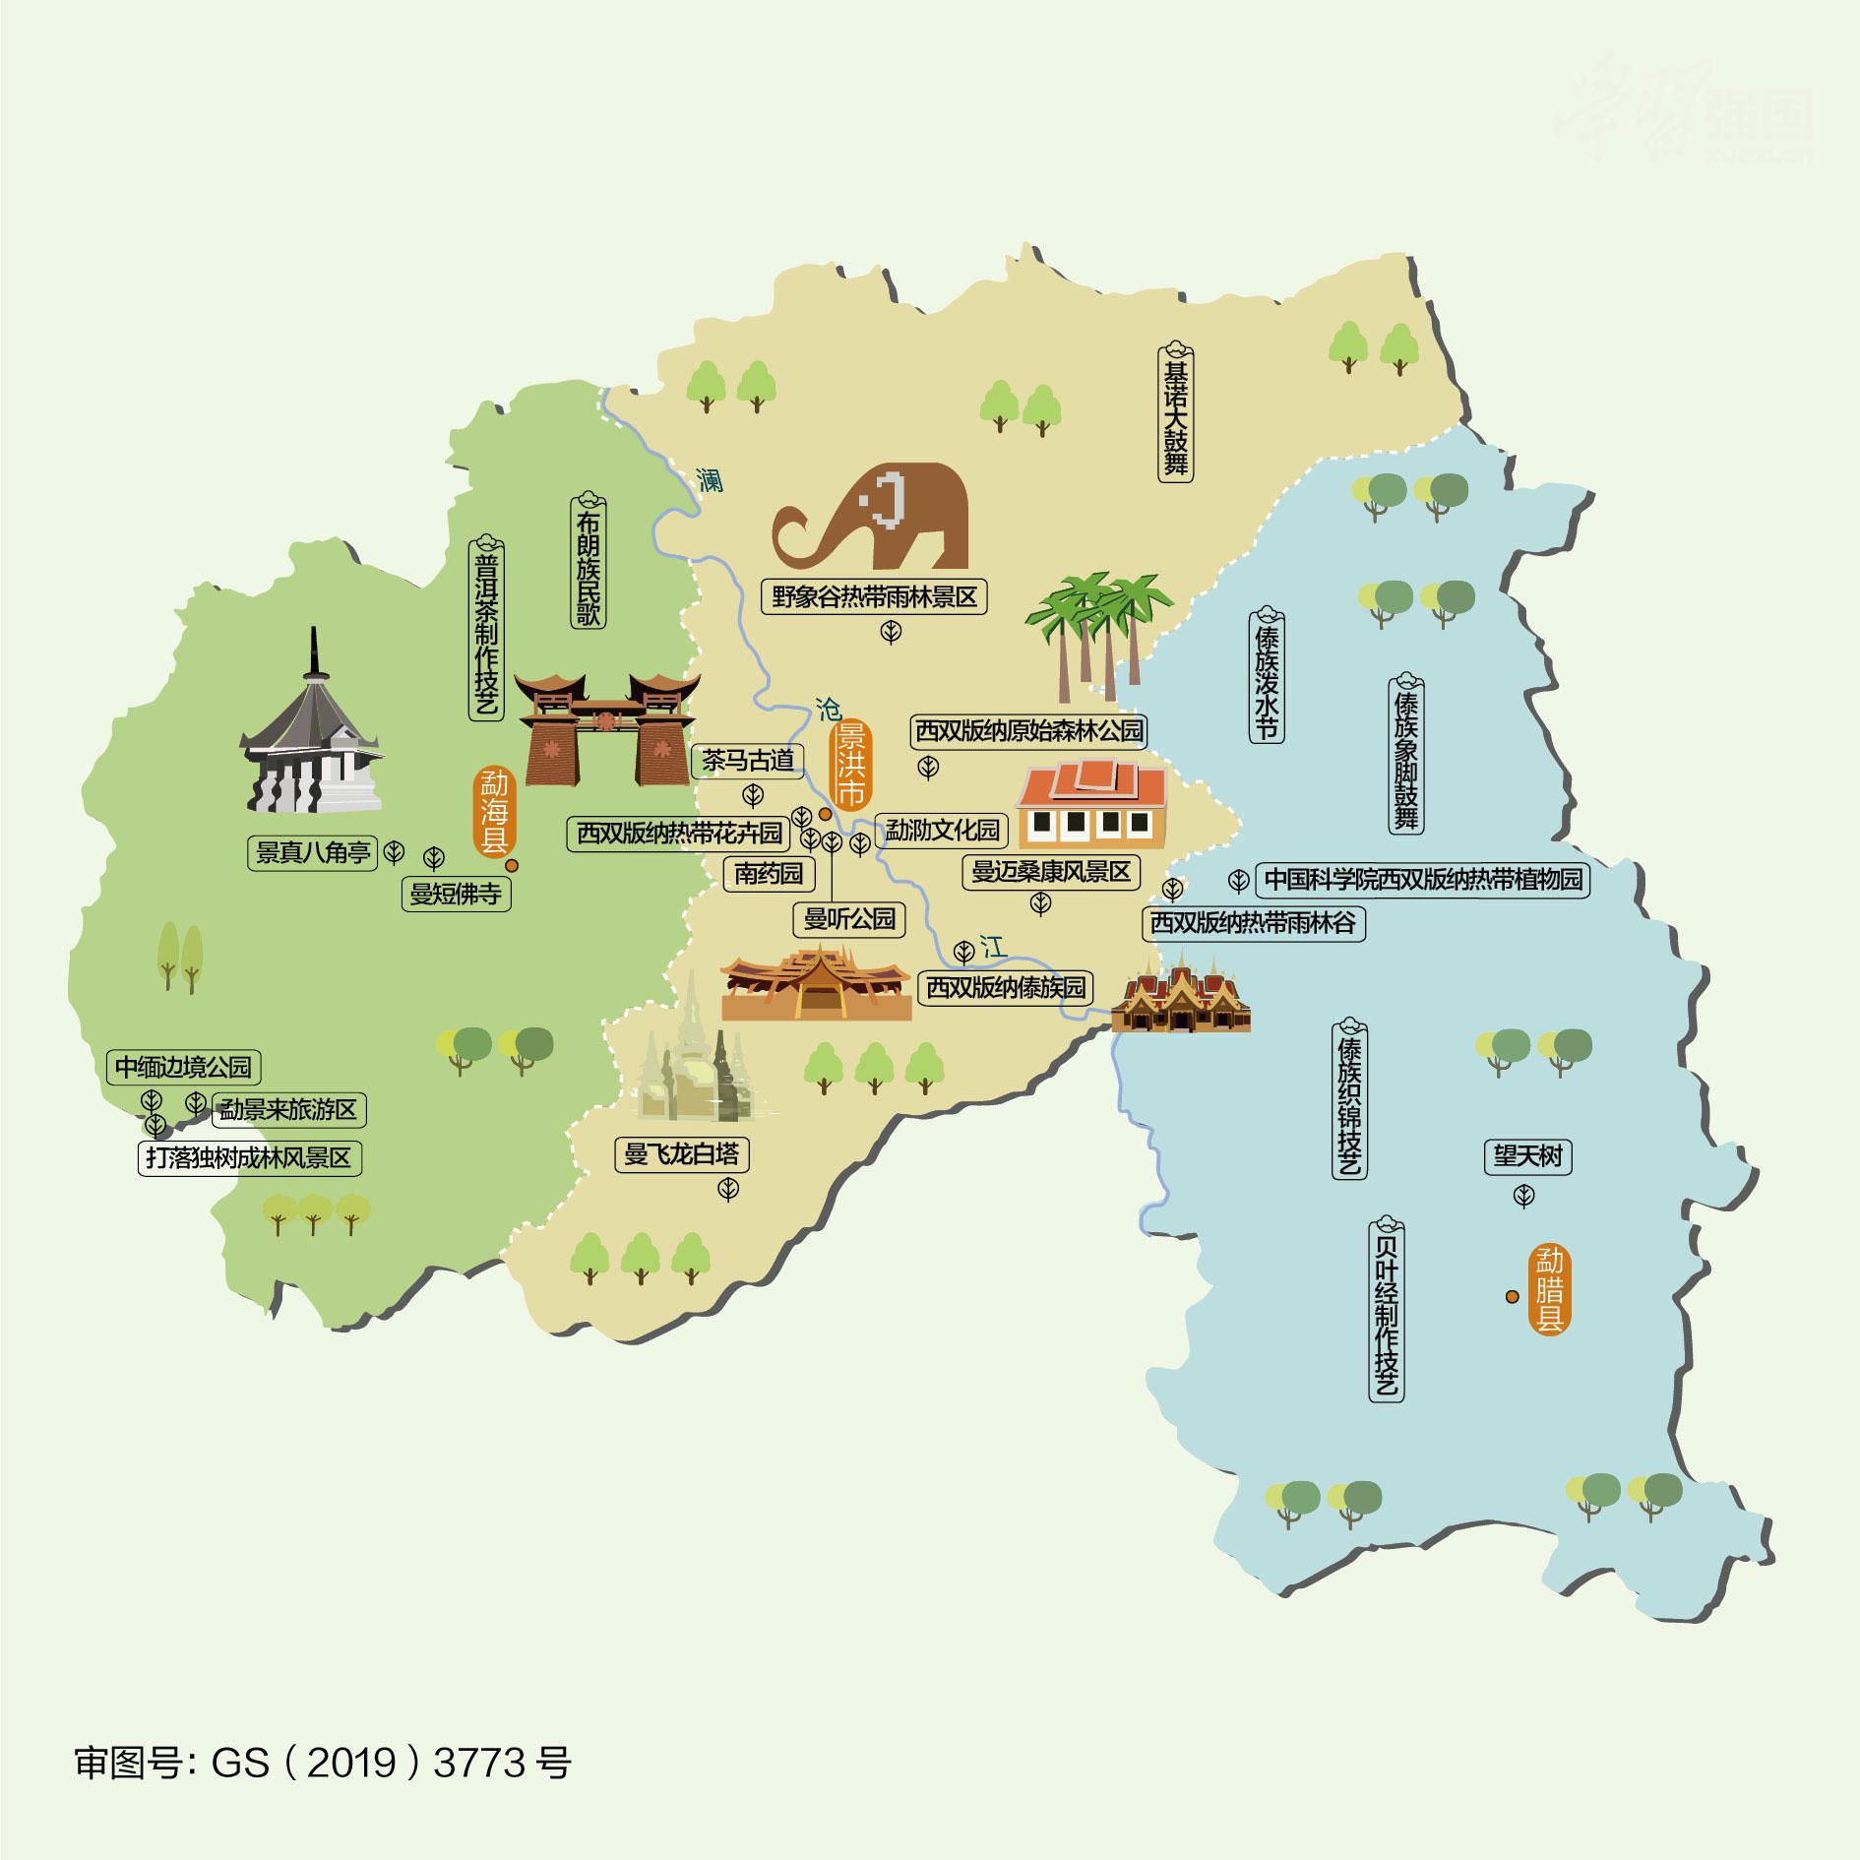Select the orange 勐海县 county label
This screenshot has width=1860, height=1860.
pos(493,813)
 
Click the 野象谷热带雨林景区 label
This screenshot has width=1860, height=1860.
pos(874,597)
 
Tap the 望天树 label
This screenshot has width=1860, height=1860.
pos(1527,1156)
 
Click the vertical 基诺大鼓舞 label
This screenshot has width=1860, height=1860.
pos(1175,413)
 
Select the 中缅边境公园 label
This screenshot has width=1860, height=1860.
pos(184,1067)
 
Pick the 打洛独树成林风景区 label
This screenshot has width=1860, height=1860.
pos(249,1158)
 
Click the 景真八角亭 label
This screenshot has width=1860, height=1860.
pos(313,852)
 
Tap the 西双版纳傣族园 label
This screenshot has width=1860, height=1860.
pos(1006,987)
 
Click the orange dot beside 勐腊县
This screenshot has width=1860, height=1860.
pos(1512,1297)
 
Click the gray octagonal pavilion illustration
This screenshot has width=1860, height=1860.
pos(311,738)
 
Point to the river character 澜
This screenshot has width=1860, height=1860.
pos(709,479)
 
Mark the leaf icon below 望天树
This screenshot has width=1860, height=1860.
pos(1524,1197)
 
